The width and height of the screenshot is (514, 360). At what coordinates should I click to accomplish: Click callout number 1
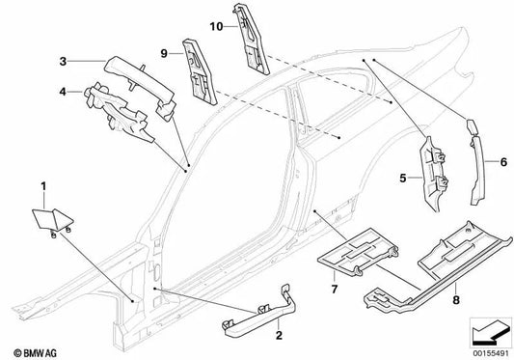click(41, 183)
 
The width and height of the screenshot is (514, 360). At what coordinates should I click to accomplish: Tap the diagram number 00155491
click(488, 351)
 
